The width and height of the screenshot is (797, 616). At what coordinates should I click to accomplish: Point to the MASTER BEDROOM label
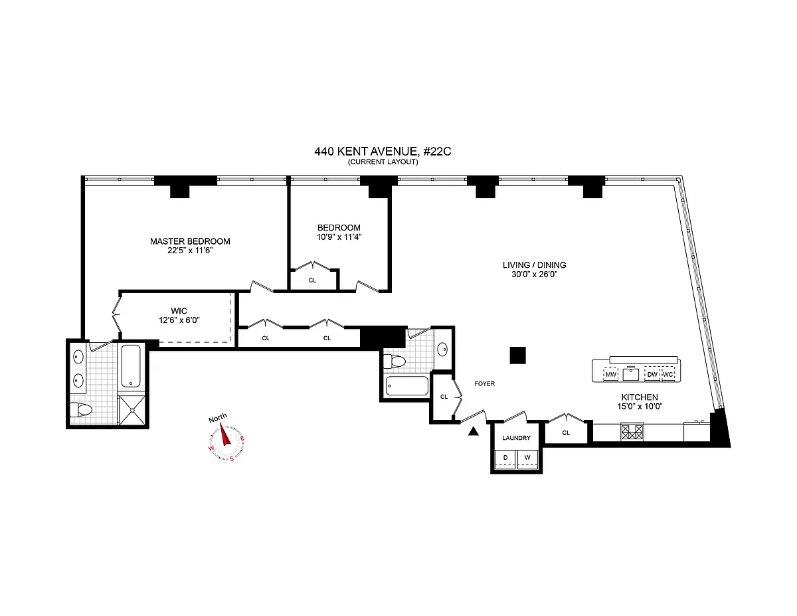[x=190, y=241]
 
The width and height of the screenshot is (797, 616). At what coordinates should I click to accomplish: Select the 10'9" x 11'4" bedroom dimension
[x=339, y=237]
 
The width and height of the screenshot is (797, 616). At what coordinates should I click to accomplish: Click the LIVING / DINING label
[x=534, y=264]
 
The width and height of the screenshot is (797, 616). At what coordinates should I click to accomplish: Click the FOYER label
[x=484, y=383]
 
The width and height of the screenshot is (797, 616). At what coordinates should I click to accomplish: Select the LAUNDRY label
[x=516, y=438]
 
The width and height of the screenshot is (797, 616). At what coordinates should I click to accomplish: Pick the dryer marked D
[x=505, y=458]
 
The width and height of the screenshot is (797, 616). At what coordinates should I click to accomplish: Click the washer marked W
[x=527, y=458]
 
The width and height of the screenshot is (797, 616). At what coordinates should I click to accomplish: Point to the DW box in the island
[x=652, y=375]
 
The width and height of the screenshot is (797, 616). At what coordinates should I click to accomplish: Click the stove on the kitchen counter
[x=632, y=432]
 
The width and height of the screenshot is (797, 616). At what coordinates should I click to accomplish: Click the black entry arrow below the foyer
[x=473, y=431]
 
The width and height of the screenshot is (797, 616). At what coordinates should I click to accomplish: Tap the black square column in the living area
[x=518, y=356]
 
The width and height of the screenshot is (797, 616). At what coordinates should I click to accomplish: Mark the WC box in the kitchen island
[x=669, y=375]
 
